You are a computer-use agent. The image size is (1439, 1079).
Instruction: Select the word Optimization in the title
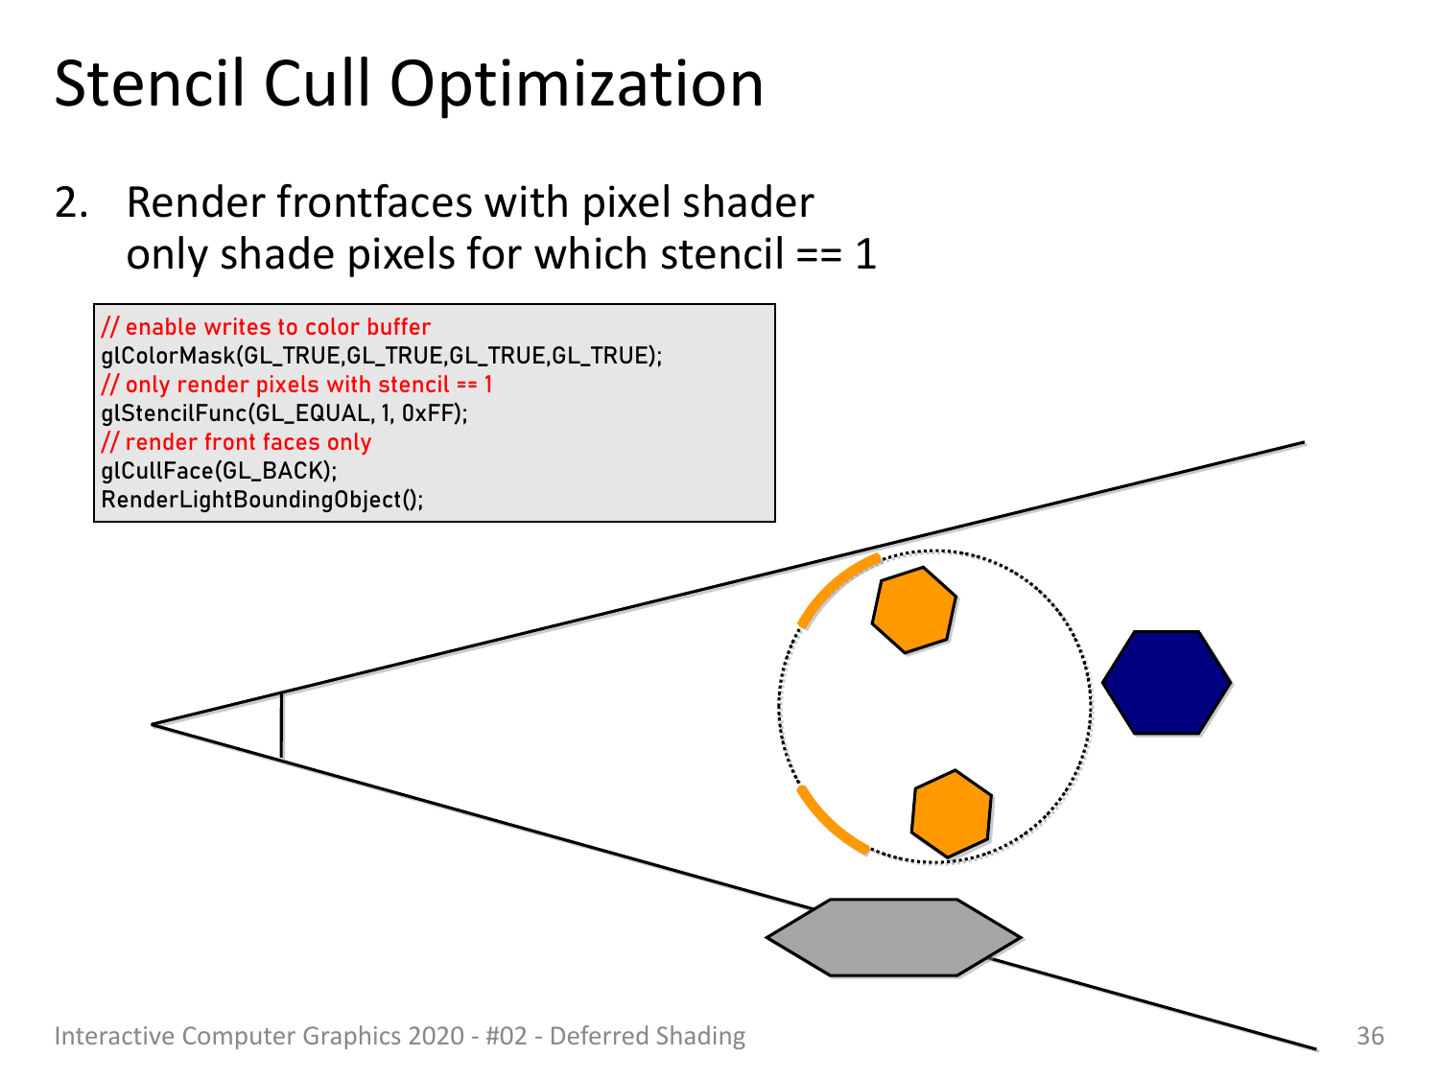tap(577, 87)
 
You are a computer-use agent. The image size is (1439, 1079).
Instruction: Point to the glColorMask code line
tap(382, 356)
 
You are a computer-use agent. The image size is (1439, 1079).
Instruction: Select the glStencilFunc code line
tap(284, 413)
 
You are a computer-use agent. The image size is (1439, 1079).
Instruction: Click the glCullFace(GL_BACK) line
tap(219, 471)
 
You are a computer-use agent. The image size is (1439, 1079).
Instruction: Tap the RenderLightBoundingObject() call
tap(262, 500)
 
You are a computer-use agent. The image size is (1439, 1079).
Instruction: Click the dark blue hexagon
tap(1167, 682)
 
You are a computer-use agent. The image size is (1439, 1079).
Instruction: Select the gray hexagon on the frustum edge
tap(893, 937)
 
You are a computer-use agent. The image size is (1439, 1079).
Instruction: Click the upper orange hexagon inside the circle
tap(914, 610)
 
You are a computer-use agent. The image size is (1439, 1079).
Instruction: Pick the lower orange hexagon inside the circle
tap(952, 813)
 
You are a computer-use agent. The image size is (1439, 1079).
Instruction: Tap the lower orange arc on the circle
tap(827, 824)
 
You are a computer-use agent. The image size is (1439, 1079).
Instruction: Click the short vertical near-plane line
tap(282, 724)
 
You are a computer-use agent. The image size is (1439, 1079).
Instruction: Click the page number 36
tap(1370, 1036)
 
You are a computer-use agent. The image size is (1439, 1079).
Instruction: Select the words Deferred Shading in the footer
tap(647, 1036)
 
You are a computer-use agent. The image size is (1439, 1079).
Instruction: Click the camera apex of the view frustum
tap(153, 724)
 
